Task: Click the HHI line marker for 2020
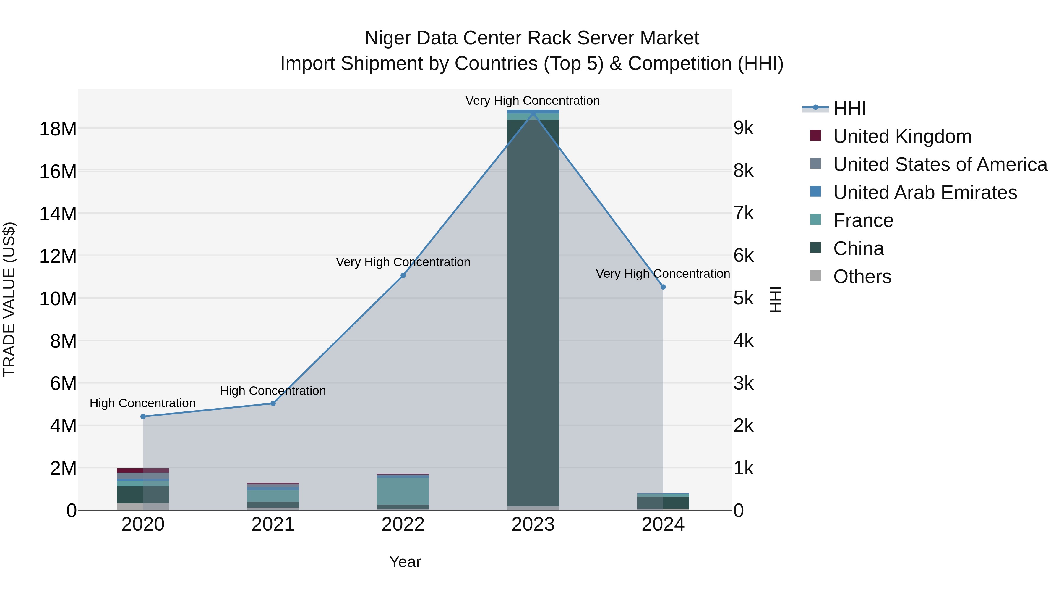tap(143, 416)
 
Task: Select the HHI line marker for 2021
tap(273, 403)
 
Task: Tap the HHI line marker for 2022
tap(403, 275)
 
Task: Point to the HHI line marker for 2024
tap(663, 287)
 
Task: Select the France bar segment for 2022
tap(403, 491)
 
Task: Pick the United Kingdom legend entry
tap(902, 136)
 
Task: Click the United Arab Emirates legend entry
tap(924, 193)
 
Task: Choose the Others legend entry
tap(862, 277)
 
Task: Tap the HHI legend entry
tap(849, 108)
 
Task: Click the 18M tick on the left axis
tap(58, 129)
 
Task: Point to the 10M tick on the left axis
tap(58, 298)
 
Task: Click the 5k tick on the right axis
tap(744, 298)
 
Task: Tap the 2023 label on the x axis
tap(533, 524)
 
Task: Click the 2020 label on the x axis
tap(143, 524)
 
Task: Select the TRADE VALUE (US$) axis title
tap(9, 299)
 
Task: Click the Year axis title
tap(405, 562)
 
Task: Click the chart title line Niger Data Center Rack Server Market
tap(532, 38)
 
